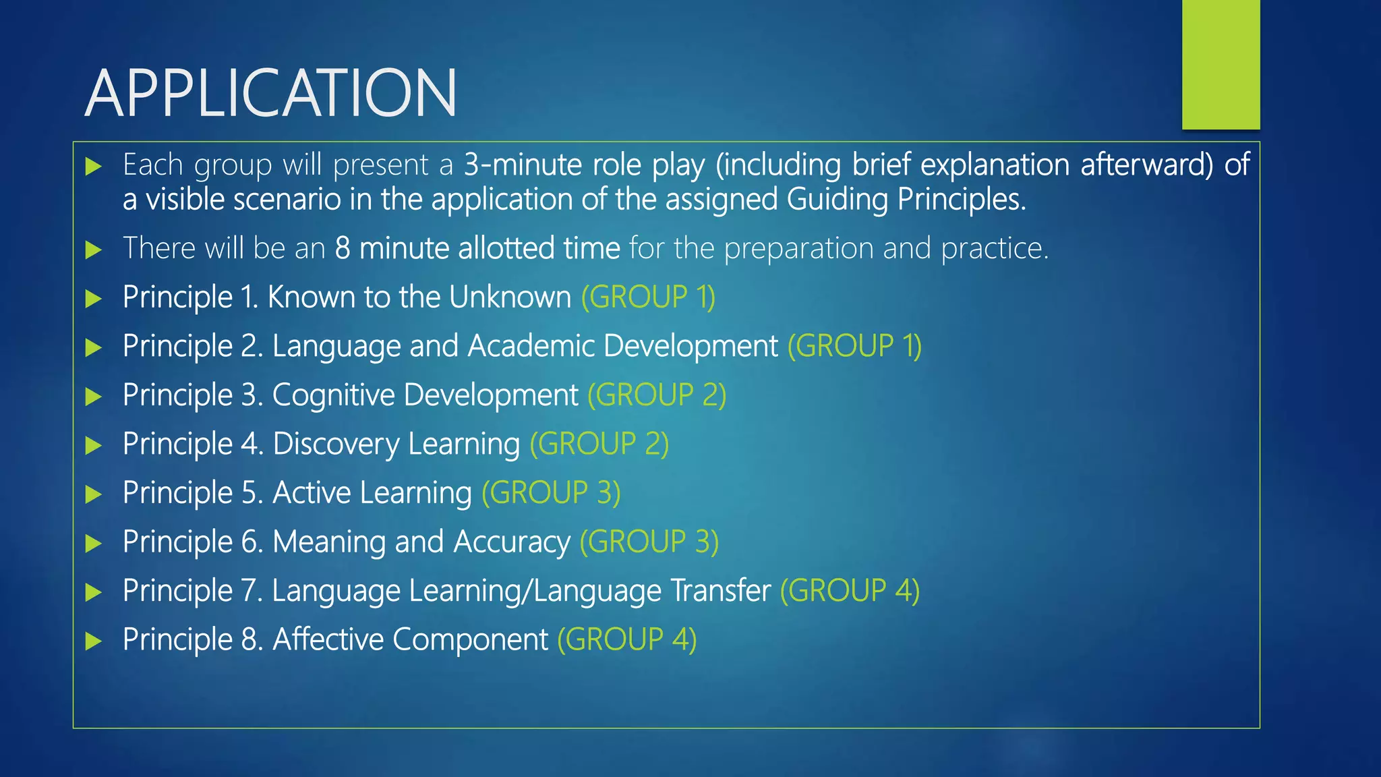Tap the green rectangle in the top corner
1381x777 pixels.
click(x=1221, y=65)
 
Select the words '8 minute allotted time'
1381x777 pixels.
click(x=477, y=248)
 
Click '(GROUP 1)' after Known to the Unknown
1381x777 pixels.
click(x=648, y=297)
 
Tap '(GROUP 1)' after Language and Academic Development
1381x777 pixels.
click(x=854, y=346)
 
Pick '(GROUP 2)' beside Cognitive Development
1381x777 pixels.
click(x=657, y=395)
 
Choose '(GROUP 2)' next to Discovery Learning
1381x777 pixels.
click(x=599, y=444)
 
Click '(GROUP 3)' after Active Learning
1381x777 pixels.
click(x=551, y=493)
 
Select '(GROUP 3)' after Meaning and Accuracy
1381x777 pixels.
click(x=649, y=542)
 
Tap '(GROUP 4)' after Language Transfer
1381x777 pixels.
click(x=850, y=591)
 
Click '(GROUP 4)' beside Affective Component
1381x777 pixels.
click(x=626, y=639)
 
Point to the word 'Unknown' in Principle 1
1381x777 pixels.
click(x=510, y=297)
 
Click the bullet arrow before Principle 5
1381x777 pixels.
click(x=94, y=494)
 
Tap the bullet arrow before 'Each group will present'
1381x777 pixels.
click(x=94, y=167)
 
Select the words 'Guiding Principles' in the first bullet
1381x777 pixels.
click(x=906, y=200)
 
